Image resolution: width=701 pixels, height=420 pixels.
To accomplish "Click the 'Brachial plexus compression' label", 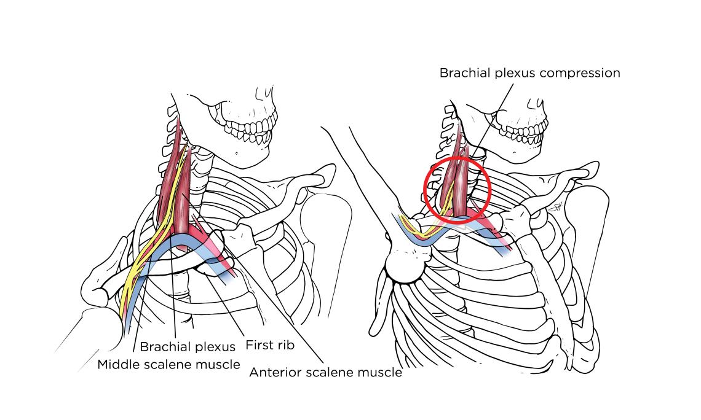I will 529,73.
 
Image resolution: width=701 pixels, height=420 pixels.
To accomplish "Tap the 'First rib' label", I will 269,345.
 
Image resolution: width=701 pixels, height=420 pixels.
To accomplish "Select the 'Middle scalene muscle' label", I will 168,365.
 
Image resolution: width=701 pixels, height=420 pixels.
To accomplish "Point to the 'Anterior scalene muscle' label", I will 325,372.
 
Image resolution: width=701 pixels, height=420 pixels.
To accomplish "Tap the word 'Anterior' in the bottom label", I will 273,372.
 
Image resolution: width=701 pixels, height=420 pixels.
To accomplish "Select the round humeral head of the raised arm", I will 402,266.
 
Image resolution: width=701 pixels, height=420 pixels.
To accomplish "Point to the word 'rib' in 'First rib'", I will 285,345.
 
